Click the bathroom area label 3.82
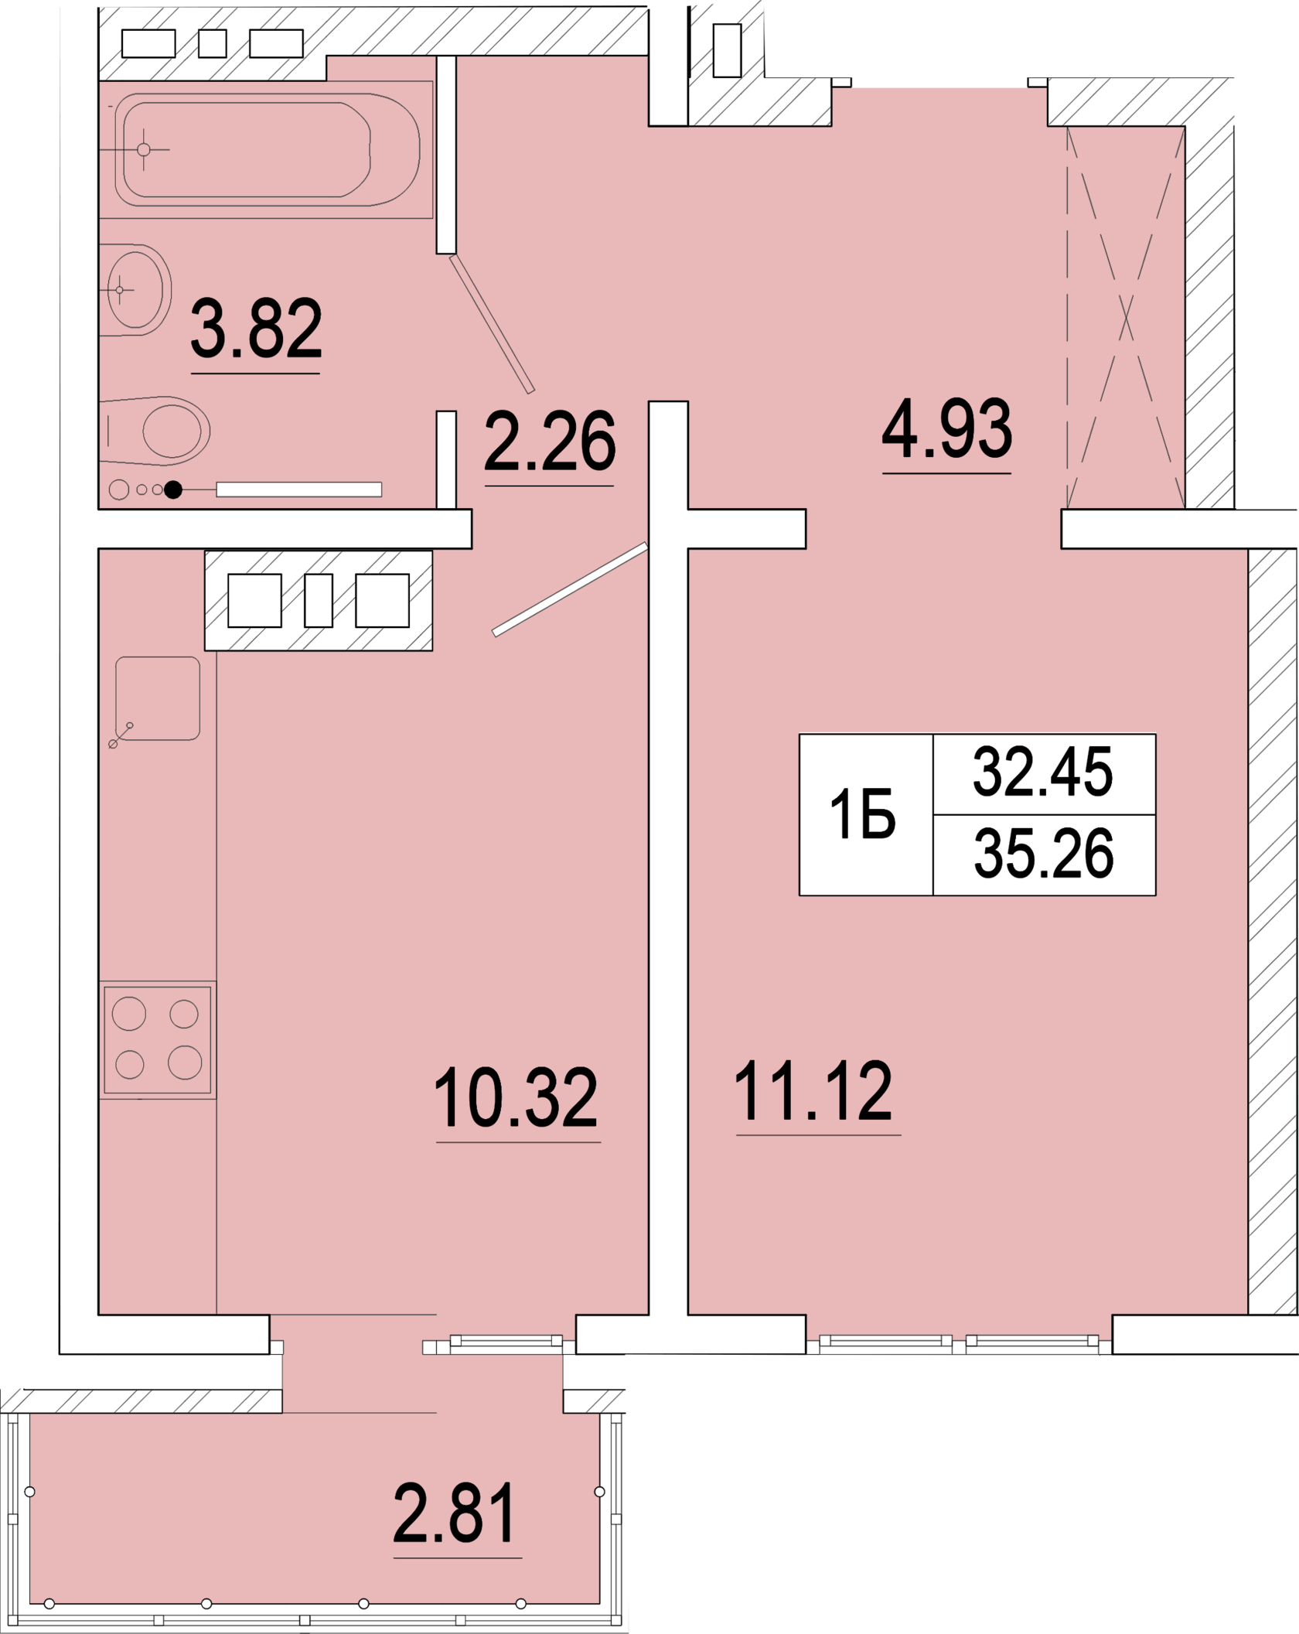coord(256,329)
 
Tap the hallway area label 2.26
coord(550,441)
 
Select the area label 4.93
coord(946,428)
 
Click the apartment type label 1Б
coord(862,814)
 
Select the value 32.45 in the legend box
coord(1042,772)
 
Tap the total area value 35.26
coord(1043,853)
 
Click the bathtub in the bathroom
coord(267,150)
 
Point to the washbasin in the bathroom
coord(136,290)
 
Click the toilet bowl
coord(155,431)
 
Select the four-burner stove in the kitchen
coord(158,1039)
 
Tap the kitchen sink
coord(158,698)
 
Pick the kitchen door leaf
coord(570,589)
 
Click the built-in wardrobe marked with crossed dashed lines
coord(1126,317)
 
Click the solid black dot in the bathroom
coord(173,490)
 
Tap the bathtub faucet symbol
coord(144,149)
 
